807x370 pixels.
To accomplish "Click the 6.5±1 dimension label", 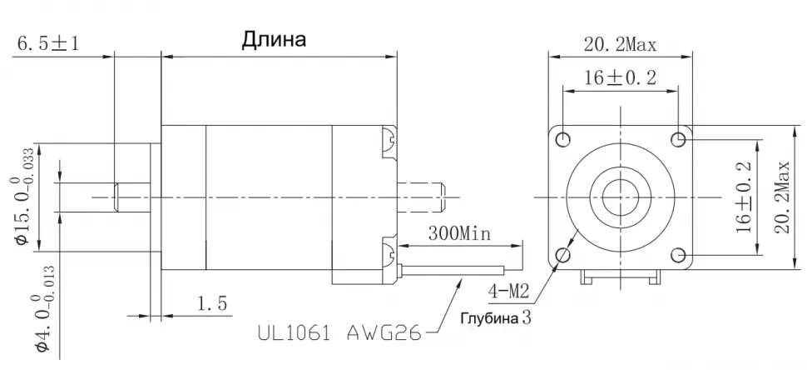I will (48, 42).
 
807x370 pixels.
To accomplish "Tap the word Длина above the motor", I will (274, 39).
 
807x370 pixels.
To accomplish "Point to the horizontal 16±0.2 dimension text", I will (620, 77).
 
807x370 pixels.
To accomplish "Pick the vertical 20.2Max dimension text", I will (783, 197).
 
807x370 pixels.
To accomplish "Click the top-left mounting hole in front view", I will (563, 137).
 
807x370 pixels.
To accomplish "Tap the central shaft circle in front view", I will (620, 197).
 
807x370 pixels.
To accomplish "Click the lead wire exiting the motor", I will (453, 270).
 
